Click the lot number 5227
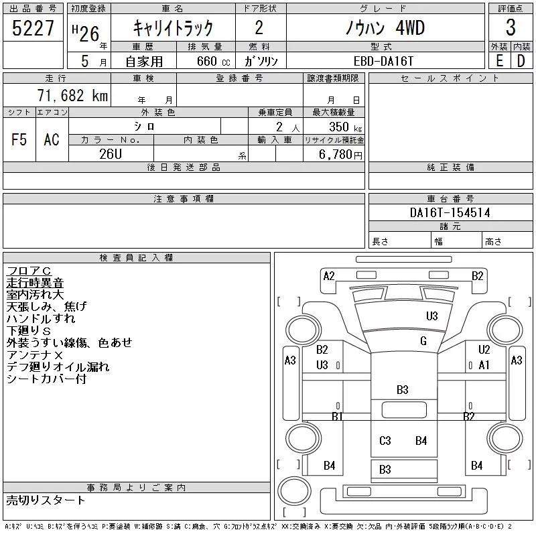(33, 27)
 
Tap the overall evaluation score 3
(511, 27)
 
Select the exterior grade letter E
(499, 61)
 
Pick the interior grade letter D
(521, 61)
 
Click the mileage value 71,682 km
(72, 95)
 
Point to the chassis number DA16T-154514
(450, 212)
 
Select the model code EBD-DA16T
(383, 61)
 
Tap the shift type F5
(19, 139)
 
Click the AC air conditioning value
(52, 139)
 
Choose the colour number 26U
(111, 154)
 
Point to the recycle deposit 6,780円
(340, 154)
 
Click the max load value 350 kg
(345, 127)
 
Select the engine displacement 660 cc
(213, 61)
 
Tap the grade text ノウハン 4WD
(385, 27)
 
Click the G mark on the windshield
(423, 341)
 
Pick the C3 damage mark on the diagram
(385, 441)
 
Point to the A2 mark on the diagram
(329, 276)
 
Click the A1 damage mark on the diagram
(484, 365)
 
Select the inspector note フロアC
(29, 271)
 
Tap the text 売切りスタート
(46, 500)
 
